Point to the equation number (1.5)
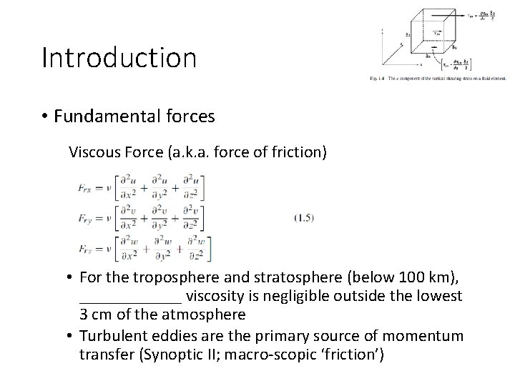305,217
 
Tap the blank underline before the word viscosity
130,296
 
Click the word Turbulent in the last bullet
110,335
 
